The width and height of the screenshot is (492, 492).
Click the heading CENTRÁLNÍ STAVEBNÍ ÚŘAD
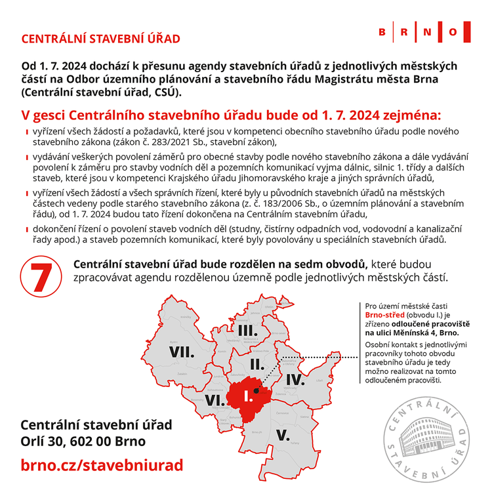[101, 39]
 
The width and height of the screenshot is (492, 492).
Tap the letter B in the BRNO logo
[383, 32]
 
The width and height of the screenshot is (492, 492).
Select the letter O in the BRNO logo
[453, 32]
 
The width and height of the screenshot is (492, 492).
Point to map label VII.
[182, 352]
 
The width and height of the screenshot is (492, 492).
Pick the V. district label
[283, 435]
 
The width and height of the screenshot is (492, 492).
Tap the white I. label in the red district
[247, 396]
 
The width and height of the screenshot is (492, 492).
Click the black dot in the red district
[257, 389]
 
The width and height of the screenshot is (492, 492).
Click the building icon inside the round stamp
[426, 434]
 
